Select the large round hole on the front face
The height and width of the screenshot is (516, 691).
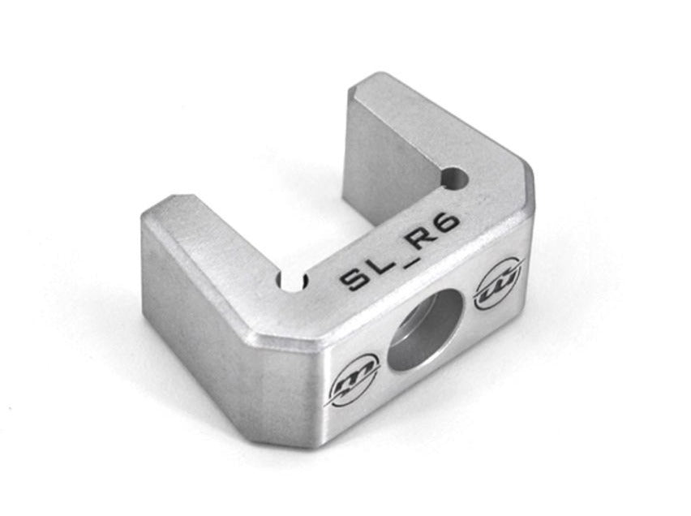pos(425,333)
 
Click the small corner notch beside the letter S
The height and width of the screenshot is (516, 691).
pos(291,282)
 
